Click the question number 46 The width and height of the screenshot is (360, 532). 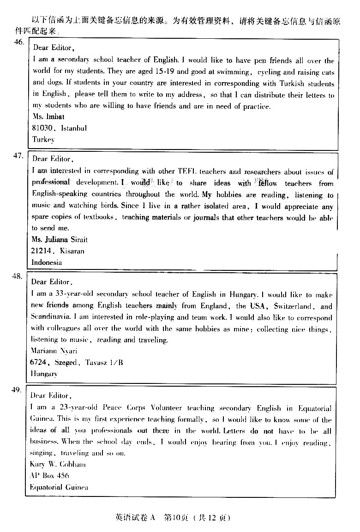[18, 42]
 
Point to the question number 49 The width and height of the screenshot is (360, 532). [17, 390]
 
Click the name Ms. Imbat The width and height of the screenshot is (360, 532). [48, 117]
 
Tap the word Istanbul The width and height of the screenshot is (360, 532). [74, 128]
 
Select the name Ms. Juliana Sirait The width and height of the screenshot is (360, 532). [59, 239]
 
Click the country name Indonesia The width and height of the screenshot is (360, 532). [47, 262]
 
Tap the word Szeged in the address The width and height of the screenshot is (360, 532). [67, 363]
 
